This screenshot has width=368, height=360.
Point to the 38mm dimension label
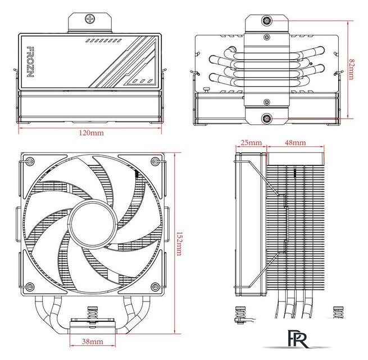[x=92, y=342]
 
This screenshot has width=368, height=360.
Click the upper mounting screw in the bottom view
[x=266, y=21]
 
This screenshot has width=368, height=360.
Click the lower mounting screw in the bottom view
[x=266, y=119]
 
